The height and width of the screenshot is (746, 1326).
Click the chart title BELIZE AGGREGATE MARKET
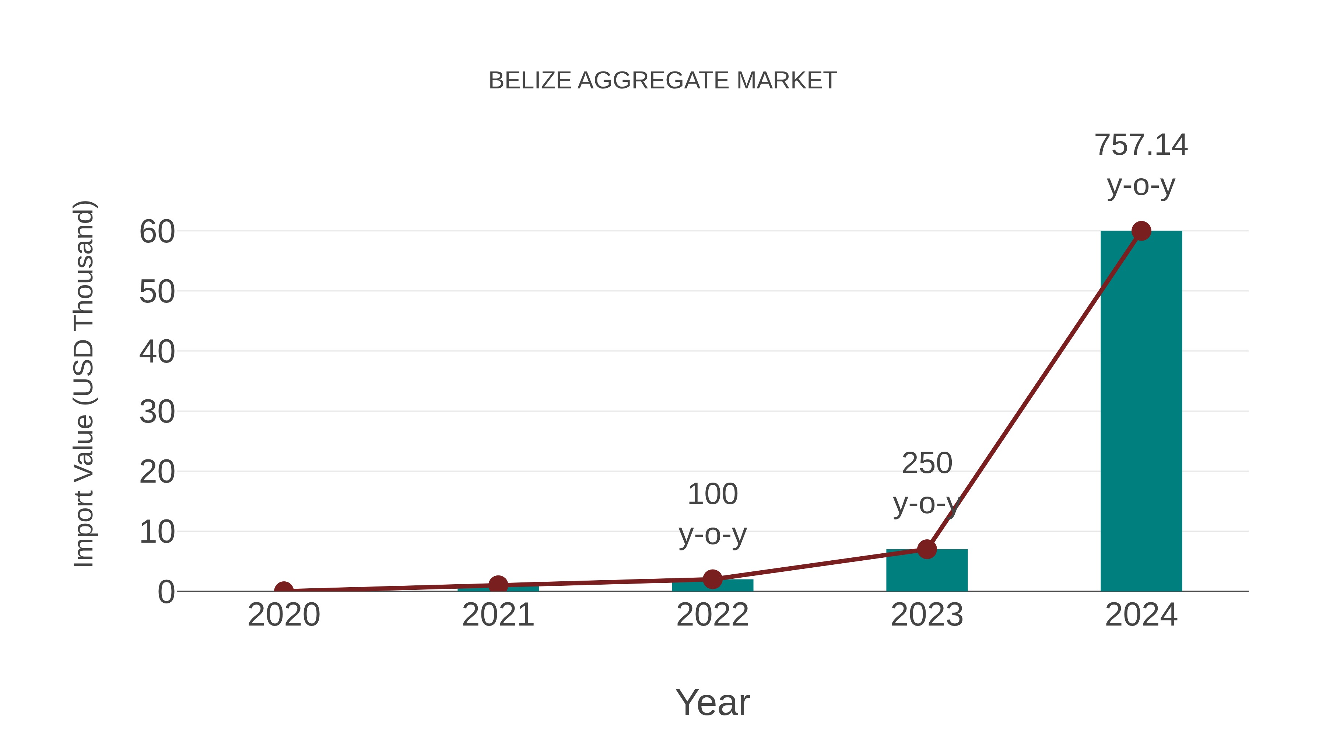pos(663,81)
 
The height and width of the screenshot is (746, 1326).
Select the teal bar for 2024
pos(1141,412)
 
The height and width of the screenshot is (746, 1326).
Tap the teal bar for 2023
pos(927,571)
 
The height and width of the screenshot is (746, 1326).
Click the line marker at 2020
pos(284,590)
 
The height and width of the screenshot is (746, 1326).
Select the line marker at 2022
pos(712,579)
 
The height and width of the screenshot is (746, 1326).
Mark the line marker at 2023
pos(927,549)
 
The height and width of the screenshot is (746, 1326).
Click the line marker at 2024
pos(1141,231)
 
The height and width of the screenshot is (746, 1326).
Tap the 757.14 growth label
pos(1141,145)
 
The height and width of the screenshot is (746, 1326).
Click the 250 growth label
pos(927,463)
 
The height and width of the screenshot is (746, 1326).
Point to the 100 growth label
pos(712,494)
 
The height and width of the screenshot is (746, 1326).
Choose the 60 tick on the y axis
pos(157,232)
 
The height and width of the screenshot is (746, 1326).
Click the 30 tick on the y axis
pos(157,412)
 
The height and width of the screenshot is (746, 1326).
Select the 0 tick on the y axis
pos(166,592)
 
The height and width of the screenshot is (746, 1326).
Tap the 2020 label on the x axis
pos(284,615)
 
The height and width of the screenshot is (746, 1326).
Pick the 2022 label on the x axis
pos(712,615)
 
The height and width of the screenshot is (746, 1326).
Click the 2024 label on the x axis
pos(1141,615)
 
